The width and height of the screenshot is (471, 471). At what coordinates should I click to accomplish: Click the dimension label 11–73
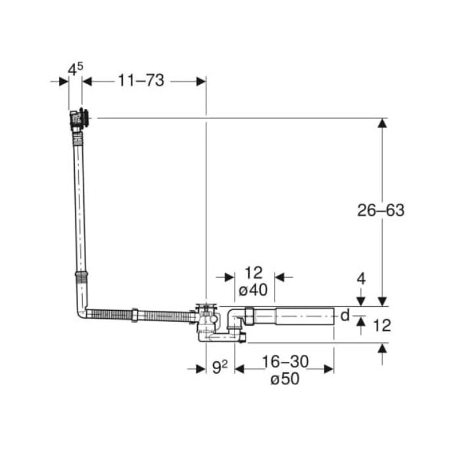(x=141, y=81)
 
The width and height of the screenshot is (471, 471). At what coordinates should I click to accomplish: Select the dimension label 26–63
(x=380, y=210)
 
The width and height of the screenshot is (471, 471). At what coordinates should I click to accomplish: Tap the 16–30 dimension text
(x=285, y=361)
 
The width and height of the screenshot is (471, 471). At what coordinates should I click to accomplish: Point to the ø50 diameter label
(x=284, y=378)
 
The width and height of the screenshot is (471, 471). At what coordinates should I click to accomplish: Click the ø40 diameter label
(x=253, y=290)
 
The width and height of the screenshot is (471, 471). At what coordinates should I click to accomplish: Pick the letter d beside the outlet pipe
(x=345, y=315)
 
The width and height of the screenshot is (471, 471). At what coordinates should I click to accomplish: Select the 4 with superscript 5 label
(x=75, y=70)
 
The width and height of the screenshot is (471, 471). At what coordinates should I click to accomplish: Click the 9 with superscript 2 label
(x=219, y=367)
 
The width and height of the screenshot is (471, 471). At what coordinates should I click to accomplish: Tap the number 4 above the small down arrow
(x=361, y=279)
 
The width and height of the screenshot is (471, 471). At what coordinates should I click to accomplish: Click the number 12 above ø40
(x=254, y=273)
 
